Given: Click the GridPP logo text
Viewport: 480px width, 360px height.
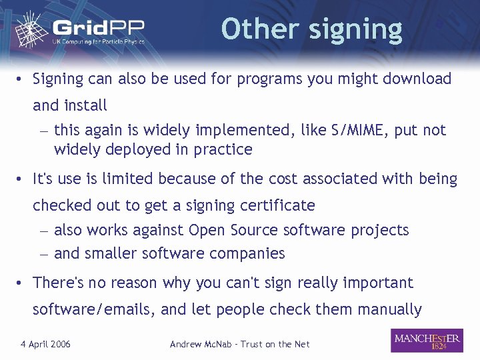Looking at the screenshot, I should click(x=99, y=29).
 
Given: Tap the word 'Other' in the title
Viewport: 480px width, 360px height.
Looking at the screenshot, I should click(x=257, y=29).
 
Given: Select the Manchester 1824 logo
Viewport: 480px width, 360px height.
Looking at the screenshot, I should click(x=427, y=341).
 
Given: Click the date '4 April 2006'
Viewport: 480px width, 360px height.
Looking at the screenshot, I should click(x=46, y=344).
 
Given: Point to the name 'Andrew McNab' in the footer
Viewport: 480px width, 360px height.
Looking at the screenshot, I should click(x=201, y=344).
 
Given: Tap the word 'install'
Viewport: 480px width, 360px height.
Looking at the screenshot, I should click(x=85, y=105).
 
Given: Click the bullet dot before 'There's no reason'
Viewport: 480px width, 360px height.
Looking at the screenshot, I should click(x=21, y=283).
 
